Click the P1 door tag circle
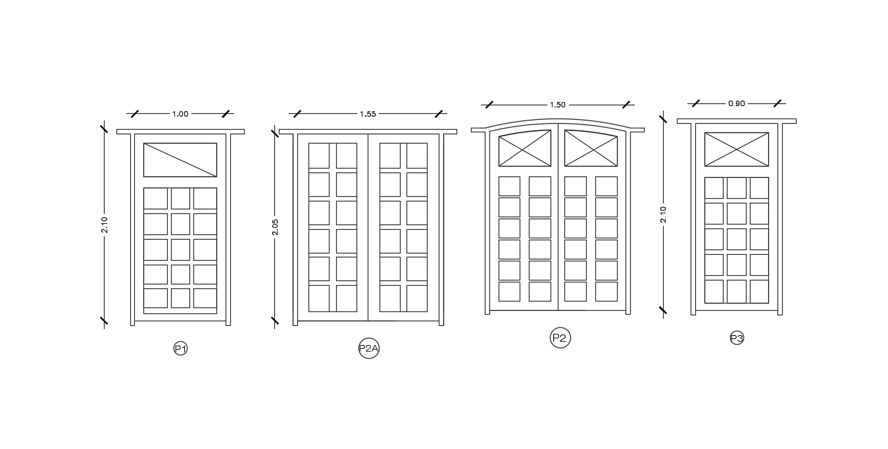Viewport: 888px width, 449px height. tap(180, 349)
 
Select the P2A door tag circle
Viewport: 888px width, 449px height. tap(369, 349)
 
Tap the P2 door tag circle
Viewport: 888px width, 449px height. tap(560, 338)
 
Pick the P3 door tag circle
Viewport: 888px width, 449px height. tap(737, 338)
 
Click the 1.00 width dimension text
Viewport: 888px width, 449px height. tap(180, 114)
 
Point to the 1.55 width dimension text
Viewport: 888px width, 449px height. tap(368, 114)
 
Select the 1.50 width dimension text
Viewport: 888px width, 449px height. tap(557, 105)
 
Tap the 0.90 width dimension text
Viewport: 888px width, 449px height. tap(737, 103)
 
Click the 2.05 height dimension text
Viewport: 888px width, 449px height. tap(276, 226)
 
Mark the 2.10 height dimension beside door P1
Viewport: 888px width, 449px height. tap(104, 224)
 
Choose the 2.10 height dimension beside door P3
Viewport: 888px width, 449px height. tap(663, 215)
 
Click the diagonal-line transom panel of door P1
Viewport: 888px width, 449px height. tap(180, 160)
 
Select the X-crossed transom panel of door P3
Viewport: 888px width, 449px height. tap(736, 149)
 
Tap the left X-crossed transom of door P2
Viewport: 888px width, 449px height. tap(525, 149)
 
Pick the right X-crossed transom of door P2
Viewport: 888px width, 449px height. tap(591, 149)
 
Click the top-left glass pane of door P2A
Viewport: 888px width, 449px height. tap(319, 156)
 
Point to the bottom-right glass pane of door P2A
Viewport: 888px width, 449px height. tap(416, 298)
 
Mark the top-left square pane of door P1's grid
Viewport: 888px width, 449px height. tap(155, 199)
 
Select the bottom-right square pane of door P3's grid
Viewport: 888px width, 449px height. tap(759, 291)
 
